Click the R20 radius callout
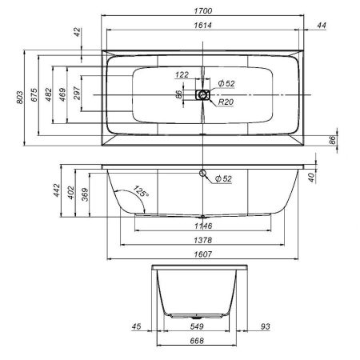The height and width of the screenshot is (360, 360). [x=226, y=102]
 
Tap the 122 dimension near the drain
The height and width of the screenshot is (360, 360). [x=182, y=74]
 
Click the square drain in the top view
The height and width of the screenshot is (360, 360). [x=203, y=94]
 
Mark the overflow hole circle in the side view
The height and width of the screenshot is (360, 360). [x=203, y=174]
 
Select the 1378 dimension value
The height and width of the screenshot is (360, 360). [x=202, y=241]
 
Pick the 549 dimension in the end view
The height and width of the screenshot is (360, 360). [x=198, y=326]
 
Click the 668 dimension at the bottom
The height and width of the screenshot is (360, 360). [x=198, y=341]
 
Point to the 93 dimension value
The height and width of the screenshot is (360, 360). [x=265, y=326]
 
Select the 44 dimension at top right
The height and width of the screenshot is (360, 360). [x=322, y=26]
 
